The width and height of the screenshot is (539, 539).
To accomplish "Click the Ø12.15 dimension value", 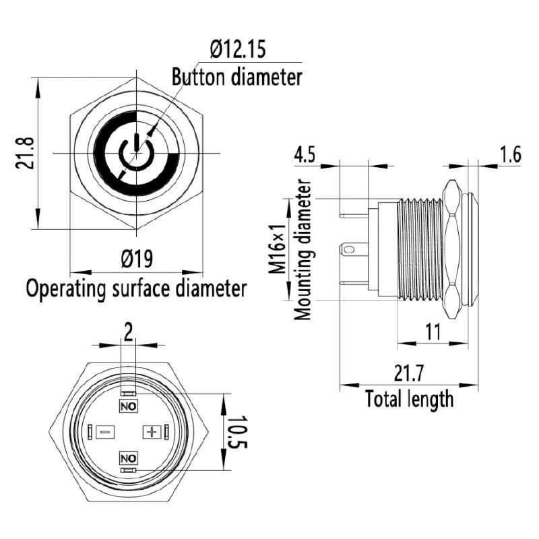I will (x=238, y=49).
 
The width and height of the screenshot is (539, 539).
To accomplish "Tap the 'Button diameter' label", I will (x=237, y=77).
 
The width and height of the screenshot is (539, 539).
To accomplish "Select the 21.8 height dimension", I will (x=26, y=154).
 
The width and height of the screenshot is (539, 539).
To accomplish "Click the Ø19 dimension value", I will (x=137, y=259).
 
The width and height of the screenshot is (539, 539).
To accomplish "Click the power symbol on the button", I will (x=137, y=154).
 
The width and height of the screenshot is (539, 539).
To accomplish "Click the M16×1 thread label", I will (x=278, y=249).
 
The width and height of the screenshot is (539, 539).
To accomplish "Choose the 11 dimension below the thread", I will (x=433, y=331).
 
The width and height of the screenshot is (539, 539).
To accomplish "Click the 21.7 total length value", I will (x=409, y=373).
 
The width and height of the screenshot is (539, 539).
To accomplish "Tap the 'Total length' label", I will (x=409, y=399).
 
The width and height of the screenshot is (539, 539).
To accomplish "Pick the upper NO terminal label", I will (x=128, y=406).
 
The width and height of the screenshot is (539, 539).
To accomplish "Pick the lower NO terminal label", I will (x=128, y=458).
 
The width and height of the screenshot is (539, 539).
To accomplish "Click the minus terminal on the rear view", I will (x=105, y=431).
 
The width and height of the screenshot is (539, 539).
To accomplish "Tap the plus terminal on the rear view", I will (x=152, y=431).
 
